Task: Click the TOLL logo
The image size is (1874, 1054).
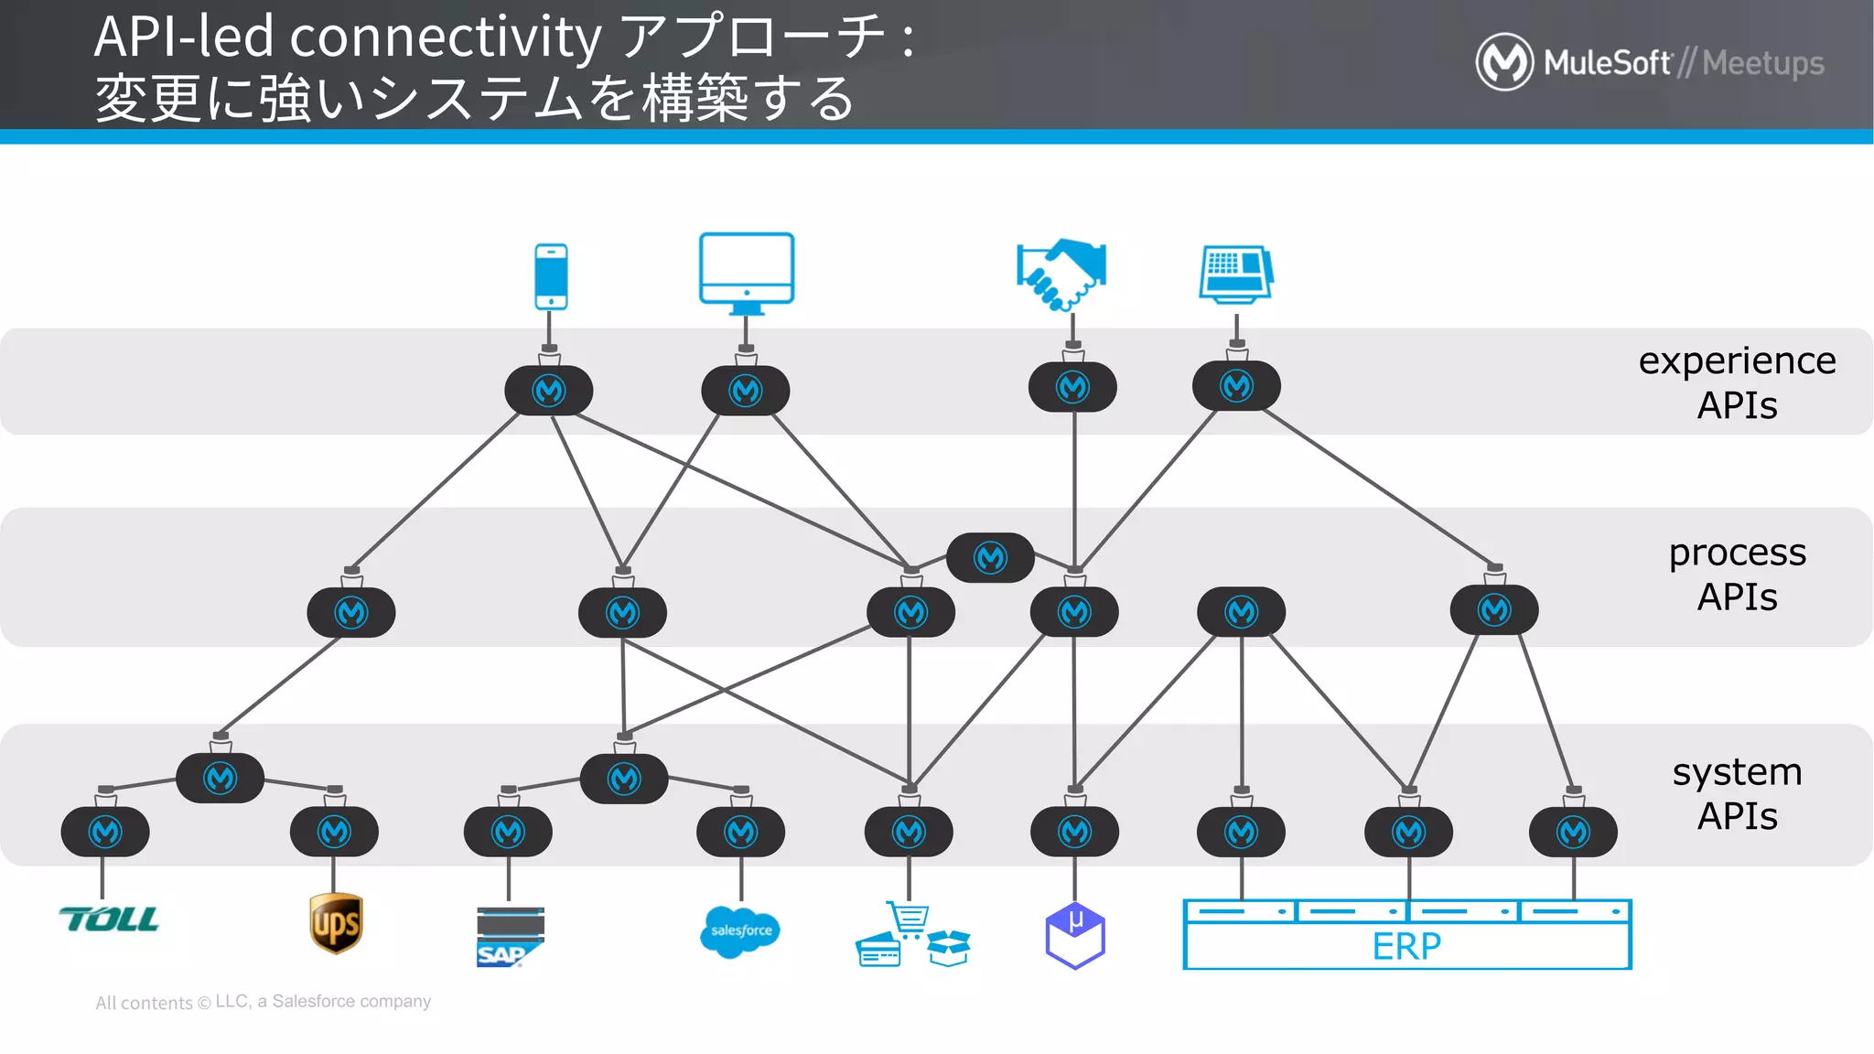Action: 109,920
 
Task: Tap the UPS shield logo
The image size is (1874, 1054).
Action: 336,923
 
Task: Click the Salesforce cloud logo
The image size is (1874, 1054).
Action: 740,931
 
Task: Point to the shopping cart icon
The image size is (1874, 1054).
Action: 908,918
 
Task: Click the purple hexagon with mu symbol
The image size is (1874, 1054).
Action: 1075,935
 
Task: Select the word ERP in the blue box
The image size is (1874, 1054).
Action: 1406,946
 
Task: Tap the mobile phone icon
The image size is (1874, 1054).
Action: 551,276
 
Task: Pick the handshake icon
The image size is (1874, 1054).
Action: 1061,274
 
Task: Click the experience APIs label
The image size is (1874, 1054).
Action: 1737,382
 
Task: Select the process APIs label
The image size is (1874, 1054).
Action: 1737,575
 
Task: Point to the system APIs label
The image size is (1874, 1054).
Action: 1737,793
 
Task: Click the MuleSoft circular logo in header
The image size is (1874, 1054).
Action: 1504,62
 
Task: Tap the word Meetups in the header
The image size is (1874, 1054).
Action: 1763,63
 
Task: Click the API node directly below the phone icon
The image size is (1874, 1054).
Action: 549,391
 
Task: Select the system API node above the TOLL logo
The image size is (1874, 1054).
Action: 105,832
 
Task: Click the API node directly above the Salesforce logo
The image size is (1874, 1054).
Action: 740,832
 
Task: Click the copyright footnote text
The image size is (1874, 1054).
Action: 264,1002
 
